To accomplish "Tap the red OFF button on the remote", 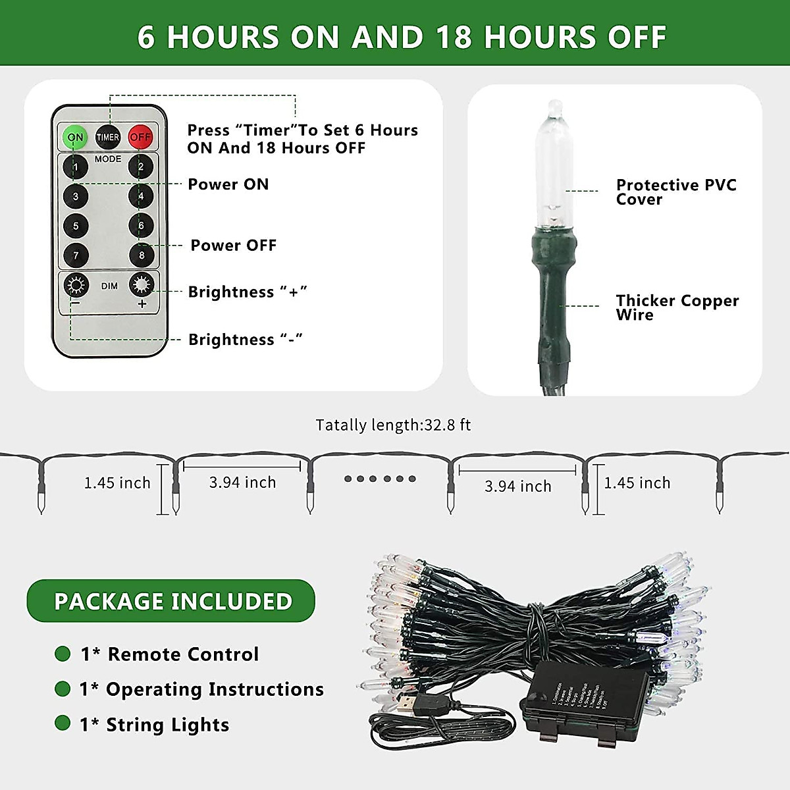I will [x=140, y=137].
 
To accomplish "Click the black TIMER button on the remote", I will [x=108, y=137].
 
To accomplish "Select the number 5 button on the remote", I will [x=76, y=226].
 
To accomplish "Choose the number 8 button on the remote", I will [x=141, y=255].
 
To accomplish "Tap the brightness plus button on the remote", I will [x=142, y=285].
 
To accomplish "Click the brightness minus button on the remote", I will [x=76, y=286].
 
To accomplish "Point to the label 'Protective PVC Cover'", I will [x=675, y=192].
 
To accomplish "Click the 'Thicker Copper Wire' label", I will [x=677, y=307].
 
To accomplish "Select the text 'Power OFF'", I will [x=233, y=246].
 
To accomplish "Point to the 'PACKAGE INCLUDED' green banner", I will [x=171, y=601].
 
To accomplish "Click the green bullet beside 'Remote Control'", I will [x=63, y=654].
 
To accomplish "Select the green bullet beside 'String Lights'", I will [x=63, y=723].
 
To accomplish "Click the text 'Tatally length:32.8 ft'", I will [x=393, y=425].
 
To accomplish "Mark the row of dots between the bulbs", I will [x=380, y=479].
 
